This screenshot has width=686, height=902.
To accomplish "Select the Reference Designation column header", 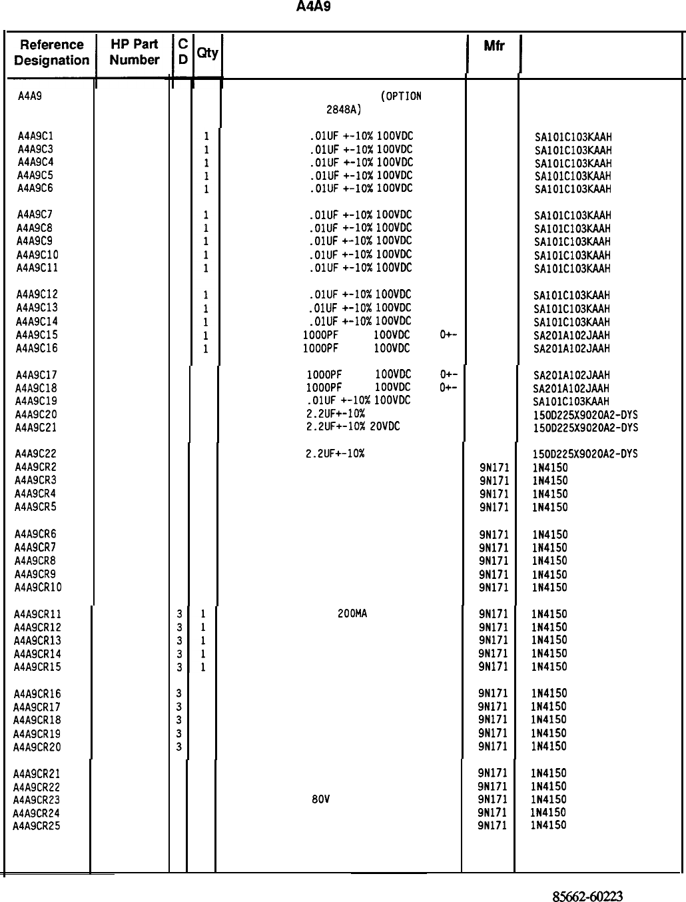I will (51, 53).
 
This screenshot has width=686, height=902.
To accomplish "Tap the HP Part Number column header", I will (135, 52).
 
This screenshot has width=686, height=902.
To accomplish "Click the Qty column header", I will (207, 53).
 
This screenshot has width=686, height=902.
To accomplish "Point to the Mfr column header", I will (494, 46).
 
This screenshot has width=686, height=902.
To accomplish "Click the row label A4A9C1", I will (35, 136).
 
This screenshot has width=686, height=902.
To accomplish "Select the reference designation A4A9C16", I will (37, 348).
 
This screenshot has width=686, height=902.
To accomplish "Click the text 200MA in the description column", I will (352, 614).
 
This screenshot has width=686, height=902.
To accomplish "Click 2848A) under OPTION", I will (343, 109).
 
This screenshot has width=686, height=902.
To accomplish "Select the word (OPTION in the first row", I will (400, 96).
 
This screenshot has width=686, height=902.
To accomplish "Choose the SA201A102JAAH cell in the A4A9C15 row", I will (571, 335).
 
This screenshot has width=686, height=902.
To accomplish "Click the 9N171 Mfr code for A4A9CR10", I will (494, 588).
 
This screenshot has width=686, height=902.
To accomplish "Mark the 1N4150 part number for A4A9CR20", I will (549, 746).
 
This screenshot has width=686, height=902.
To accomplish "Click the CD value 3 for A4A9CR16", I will (178, 693).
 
